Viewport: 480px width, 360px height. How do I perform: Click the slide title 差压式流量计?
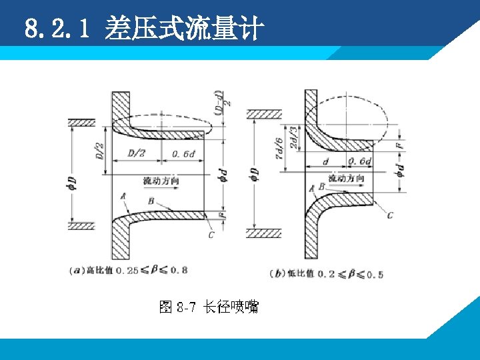click(x=185, y=29)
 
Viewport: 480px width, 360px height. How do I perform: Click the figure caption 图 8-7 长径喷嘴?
click(x=209, y=307)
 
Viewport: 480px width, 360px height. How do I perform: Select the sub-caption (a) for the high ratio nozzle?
click(x=129, y=270)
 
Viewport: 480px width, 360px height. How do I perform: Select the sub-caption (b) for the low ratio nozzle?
click(x=327, y=274)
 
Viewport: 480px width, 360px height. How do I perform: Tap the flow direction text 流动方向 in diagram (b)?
click(x=346, y=178)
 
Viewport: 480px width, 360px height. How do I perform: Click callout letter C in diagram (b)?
click(x=390, y=215)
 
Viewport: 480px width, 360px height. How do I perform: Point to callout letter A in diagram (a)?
click(x=123, y=196)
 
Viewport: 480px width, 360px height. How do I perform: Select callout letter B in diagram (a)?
click(x=152, y=200)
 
